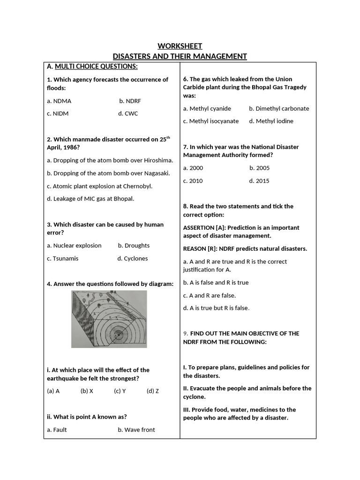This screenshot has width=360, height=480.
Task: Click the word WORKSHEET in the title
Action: tap(180, 46)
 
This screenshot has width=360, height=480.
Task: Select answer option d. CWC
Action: tap(128, 113)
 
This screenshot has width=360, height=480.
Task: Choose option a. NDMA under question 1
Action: tap(59, 101)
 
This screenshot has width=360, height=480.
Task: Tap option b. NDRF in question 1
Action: tap(130, 101)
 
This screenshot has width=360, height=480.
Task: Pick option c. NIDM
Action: tap(58, 113)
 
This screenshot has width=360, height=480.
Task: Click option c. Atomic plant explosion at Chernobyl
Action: tap(99, 186)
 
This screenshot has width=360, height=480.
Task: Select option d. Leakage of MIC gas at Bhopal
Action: tap(90, 199)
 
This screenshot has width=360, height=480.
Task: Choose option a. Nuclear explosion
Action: tap(74, 246)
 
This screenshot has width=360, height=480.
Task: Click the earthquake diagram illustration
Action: tap(109, 319)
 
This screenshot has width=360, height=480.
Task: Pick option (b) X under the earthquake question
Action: tap(87, 391)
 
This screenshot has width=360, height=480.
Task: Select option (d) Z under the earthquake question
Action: tap(152, 391)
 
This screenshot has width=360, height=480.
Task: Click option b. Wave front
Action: tap(136, 430)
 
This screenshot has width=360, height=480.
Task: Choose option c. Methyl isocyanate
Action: tap(211, 121)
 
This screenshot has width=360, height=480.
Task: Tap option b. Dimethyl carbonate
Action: tap(279, 108)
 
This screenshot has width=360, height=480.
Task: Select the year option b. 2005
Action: tap(259, 168)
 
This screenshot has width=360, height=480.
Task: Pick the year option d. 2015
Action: tap(259, 181)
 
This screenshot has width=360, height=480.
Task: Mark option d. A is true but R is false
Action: tap(216, 308)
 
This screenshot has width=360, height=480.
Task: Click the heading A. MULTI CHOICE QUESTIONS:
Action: tap(92, 67)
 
